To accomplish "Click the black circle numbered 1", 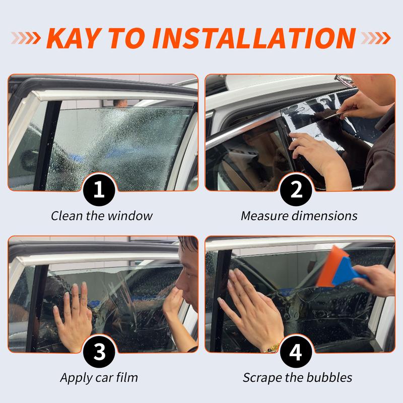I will point(99,190).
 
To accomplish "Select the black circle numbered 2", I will point(296,190).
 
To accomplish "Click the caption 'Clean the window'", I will point(101,216).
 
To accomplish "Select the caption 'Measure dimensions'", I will point(299,216).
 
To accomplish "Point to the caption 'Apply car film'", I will point(99,377).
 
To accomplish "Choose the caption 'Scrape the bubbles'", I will point(297,377).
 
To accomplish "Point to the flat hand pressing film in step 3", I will point(73,315).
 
